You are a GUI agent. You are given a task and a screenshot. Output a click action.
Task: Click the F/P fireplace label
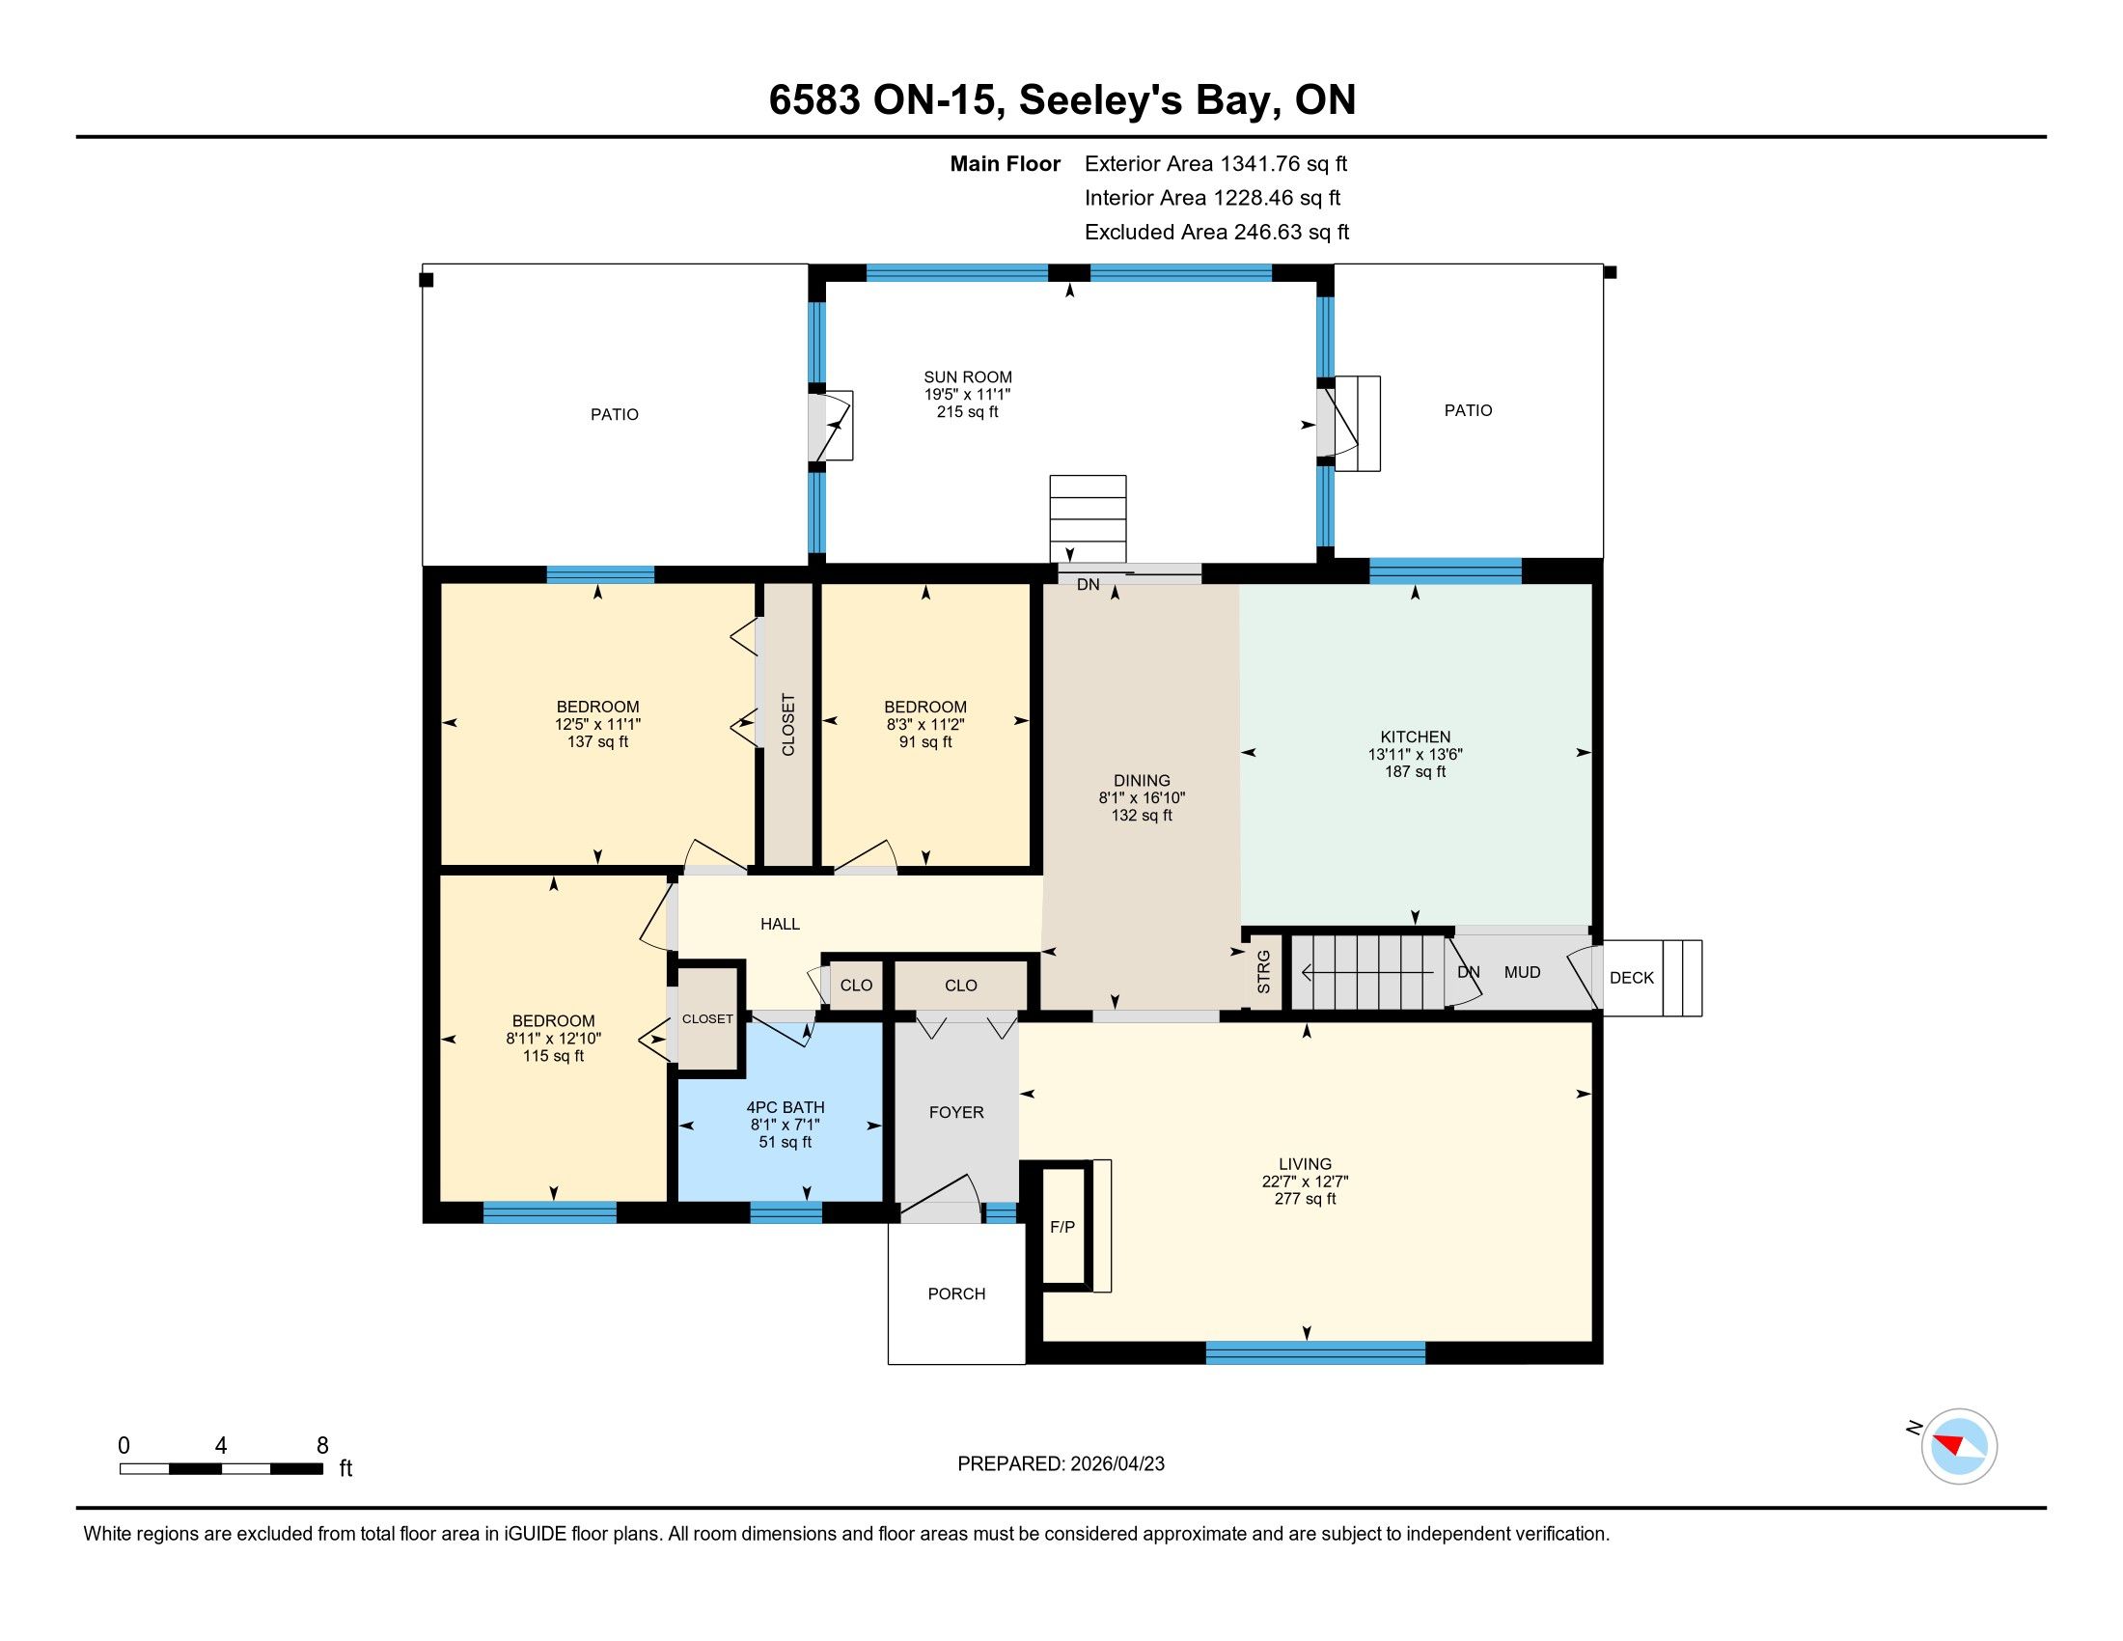coord(1062,1227)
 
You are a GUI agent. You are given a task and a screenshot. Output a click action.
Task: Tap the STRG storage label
coord(1264,972)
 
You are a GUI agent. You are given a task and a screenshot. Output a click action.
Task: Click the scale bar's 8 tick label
coord(322,1446)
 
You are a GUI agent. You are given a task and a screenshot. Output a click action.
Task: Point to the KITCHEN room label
coord(1416,737)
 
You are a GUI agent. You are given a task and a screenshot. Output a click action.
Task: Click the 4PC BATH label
coord(786,1107)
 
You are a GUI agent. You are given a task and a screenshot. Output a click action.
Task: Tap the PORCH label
coord(956,1293)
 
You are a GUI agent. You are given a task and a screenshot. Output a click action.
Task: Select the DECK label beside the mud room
coord(1631,978)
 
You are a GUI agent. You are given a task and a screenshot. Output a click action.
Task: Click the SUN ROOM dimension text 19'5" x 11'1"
coord(967,395)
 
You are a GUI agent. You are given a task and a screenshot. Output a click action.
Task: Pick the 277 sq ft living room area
coord(1306,1199)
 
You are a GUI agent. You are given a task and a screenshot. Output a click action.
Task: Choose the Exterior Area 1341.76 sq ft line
coord(1216,164)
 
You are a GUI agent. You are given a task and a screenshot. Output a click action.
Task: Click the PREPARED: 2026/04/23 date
coord(1061,1464)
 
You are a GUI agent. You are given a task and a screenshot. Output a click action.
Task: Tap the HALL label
coord(780,924)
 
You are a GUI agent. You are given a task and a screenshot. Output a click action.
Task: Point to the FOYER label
coord(956,1112)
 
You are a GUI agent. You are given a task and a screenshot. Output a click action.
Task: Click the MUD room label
coord(1522,972)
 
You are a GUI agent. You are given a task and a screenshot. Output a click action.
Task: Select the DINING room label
coord(1143,781)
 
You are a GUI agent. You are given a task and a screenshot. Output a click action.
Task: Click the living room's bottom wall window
coord(1315,1352)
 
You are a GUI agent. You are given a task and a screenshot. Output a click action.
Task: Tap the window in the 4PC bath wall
coord(786,1212)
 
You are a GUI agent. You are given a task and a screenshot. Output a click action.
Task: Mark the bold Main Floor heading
coord(1006,164)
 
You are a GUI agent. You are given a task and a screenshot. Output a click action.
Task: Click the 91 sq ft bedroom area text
coord(925,741)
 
